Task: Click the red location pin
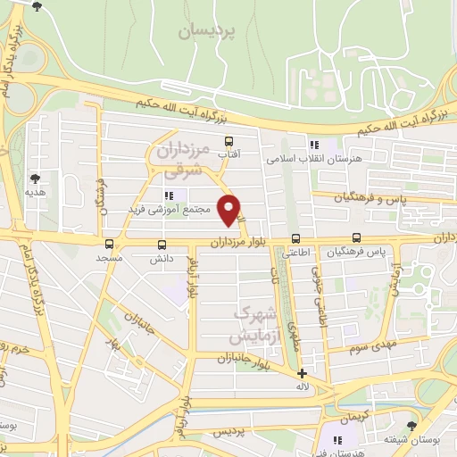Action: click(230, 211)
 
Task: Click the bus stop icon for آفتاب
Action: click(228, 141)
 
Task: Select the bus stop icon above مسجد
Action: click(109, 243)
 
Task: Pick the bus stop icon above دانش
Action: click(162, 244)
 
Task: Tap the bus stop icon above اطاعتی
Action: click(295, 238)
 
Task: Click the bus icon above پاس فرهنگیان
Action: click(357, 237)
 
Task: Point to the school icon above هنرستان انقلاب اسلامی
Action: click(313, 144)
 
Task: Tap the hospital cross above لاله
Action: click(303, 373)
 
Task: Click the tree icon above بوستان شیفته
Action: click(411, 426)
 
